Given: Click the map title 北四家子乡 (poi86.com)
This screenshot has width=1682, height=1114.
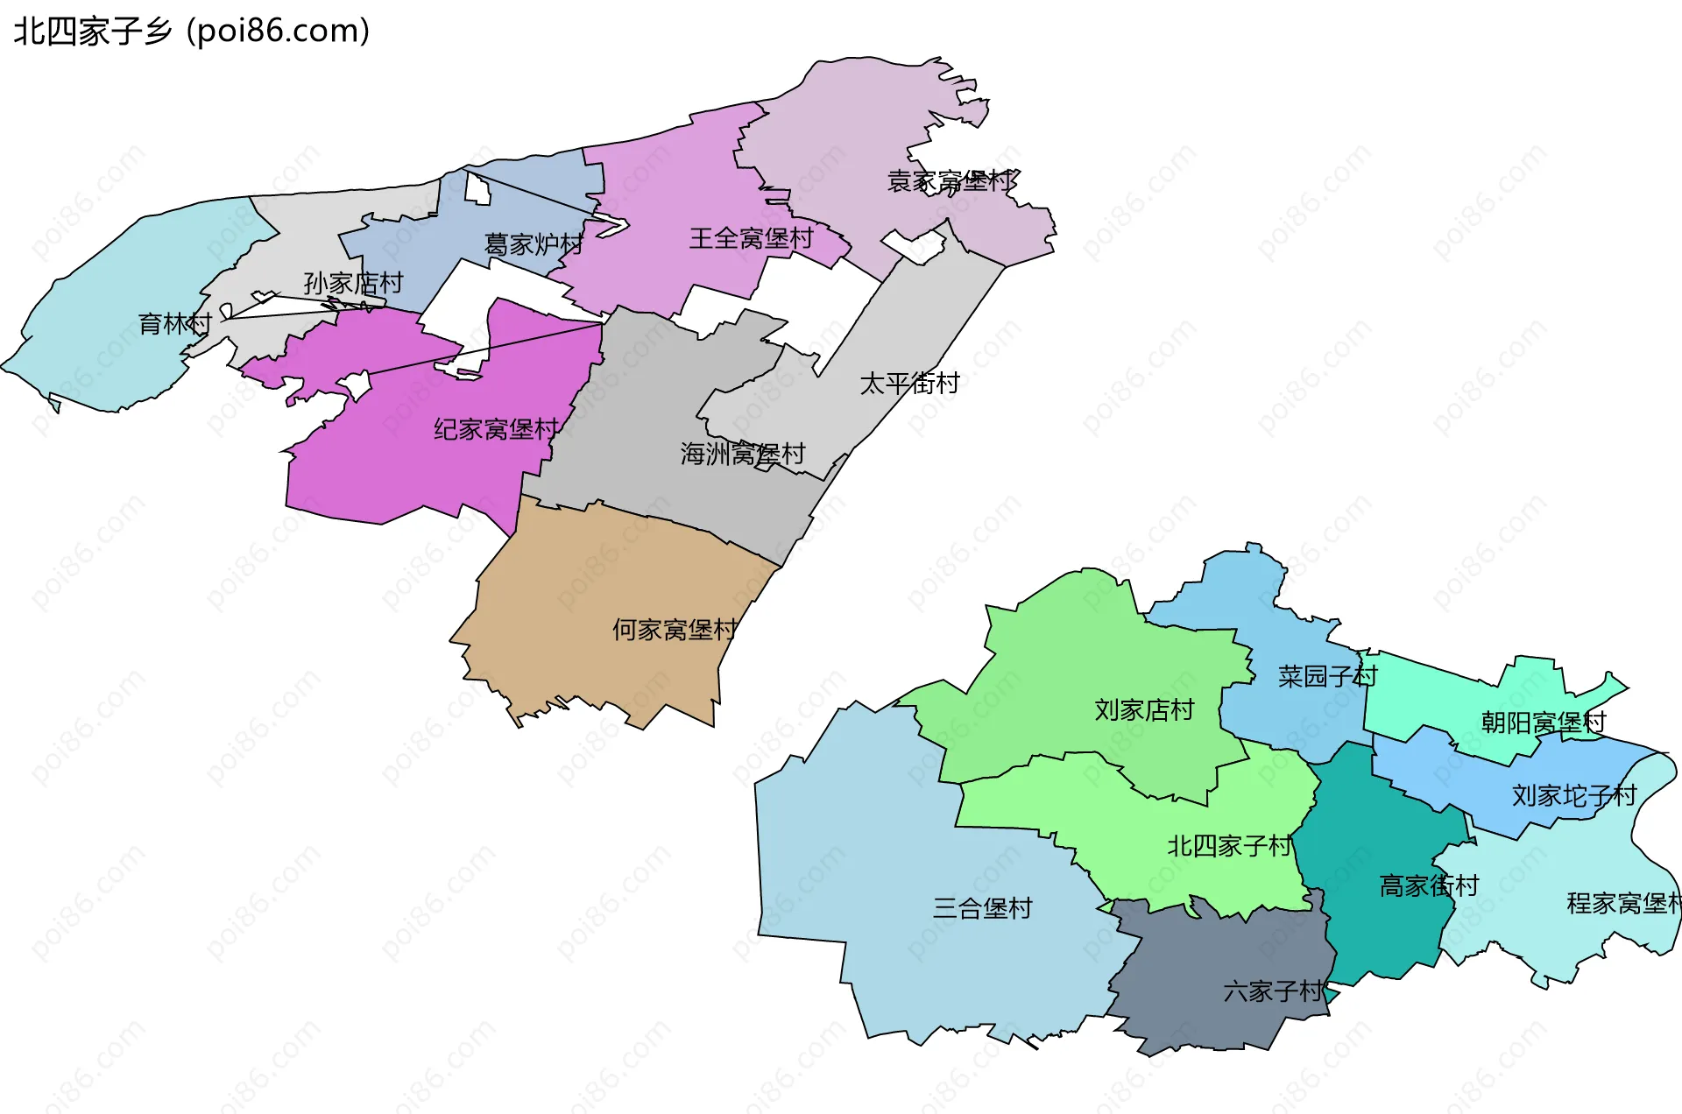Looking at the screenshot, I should click(x=191, y=32).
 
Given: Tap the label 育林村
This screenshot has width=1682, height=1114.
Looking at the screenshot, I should click(x=175, y=324).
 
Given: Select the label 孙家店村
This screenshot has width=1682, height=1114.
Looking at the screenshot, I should click(x=353, y=283).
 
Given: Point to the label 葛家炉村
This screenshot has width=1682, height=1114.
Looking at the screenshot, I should click(x=534, y=244).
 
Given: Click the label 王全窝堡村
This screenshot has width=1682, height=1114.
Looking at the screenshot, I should click(x=751, y=238).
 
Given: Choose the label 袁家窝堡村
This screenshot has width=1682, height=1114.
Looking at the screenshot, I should click(x=951, y=181).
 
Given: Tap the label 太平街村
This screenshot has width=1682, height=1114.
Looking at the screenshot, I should click(x=909, y=384).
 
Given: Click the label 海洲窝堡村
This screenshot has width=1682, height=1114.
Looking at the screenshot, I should click(x=742, y=454).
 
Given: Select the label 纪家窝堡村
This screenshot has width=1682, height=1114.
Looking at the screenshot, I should click(x=496, y=429).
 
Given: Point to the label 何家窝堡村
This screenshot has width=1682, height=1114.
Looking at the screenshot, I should click(x=675, y=630).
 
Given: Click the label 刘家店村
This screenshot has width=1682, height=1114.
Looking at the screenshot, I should click(x=1144, y=709).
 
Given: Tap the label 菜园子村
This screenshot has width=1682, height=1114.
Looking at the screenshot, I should click(x=1327, y=676).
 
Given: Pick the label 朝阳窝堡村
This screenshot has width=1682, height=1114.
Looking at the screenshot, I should click(x=1544, y=723).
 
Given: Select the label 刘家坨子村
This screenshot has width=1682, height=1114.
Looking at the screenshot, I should click(x=1574, y=795).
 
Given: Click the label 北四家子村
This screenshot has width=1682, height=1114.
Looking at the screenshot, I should click(x=1229, y=846).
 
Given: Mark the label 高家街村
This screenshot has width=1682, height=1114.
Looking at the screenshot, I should click(x=1429, y=886).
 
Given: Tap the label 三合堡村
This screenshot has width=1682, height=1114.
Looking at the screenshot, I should click(x=982, y=908).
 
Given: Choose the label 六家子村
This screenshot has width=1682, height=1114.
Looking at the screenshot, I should click(x=1274, y=991).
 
